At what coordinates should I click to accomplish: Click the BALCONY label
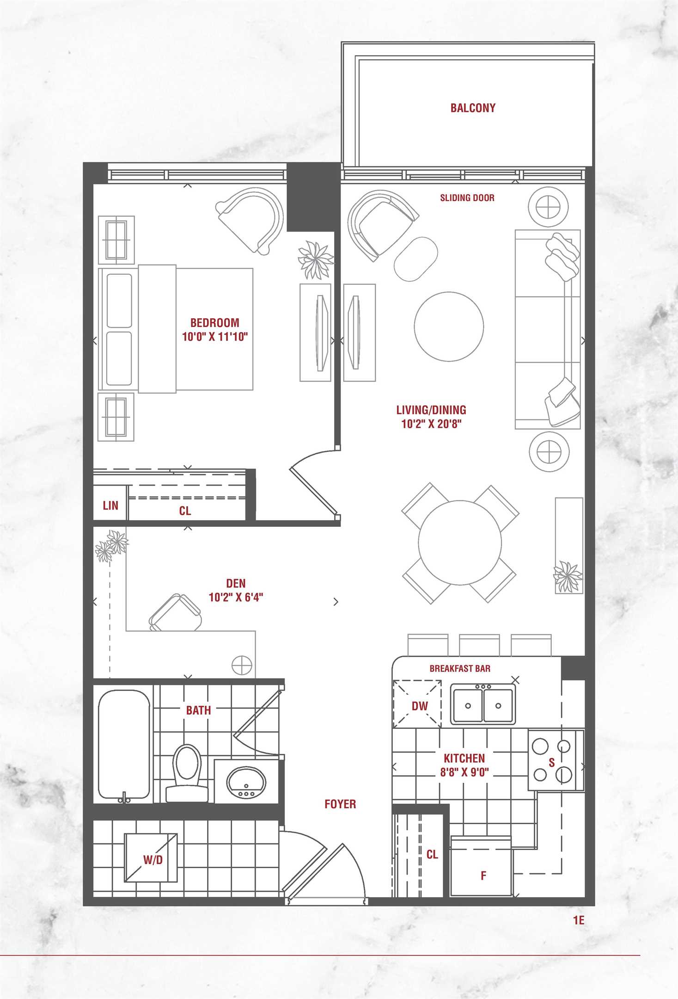473,108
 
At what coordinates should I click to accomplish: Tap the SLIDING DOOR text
467,198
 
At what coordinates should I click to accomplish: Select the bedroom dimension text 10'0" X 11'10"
215,336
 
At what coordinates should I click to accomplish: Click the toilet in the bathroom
187,773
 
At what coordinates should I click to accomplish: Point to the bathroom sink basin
246,782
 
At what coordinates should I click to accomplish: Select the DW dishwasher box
417,703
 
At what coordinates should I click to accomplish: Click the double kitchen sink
483,704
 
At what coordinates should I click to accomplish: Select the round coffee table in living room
449,326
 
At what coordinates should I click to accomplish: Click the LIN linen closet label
110,506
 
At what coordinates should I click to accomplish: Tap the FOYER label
340,804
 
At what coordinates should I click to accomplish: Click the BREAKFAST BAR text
460,668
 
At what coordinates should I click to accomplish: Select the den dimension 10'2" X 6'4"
236,597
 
